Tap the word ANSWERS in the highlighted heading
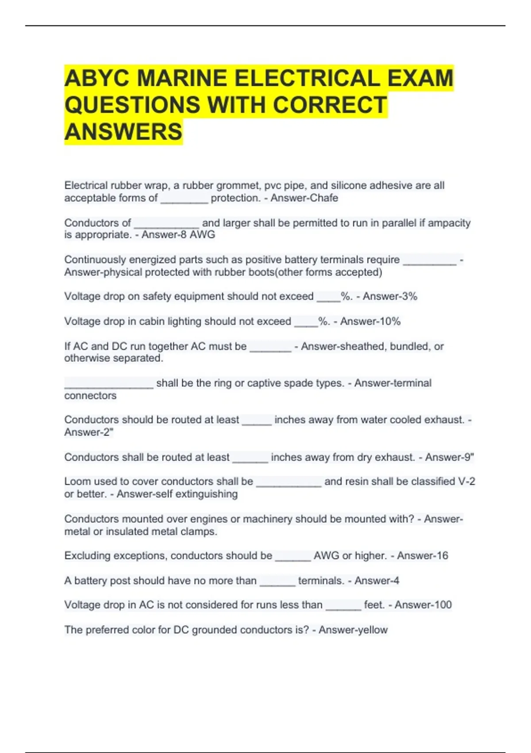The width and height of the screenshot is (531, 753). pyautogui.click(x=123, y=132)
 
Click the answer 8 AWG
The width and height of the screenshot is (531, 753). pyautogui.click(x=198, y=235)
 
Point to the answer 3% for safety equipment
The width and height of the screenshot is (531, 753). pyautogui.click(x=409, y=296)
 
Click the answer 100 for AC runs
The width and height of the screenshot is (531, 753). pyautogui.click(x=442, y=605)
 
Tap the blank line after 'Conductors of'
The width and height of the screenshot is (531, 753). pyautogui.click(x=166, y=224)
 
